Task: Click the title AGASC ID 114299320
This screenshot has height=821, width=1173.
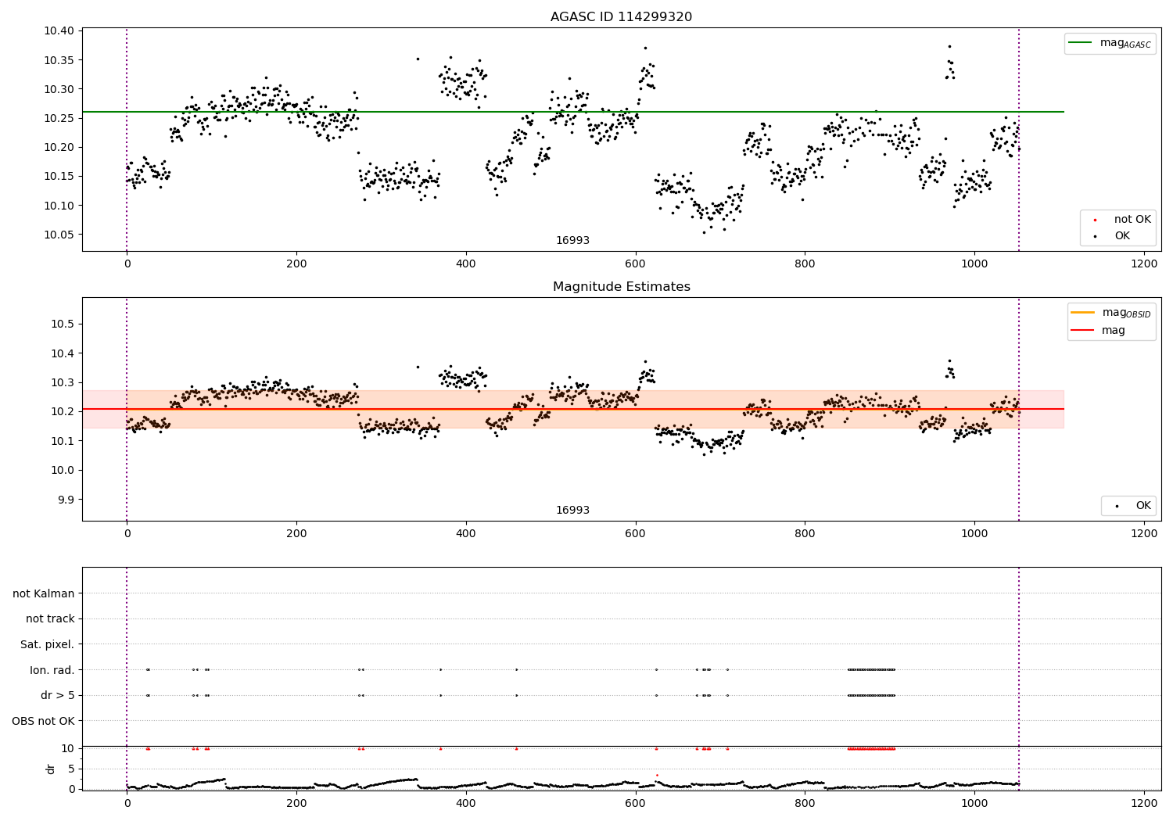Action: pos(621,17)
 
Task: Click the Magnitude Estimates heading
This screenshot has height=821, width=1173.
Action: pos(621,287)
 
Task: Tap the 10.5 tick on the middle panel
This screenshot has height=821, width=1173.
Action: pos(64,324)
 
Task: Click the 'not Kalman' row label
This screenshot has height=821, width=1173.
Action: pos(44,593)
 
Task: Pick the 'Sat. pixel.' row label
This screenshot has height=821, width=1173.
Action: pos(47,644)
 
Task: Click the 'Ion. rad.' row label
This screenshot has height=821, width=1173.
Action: pos(52,670)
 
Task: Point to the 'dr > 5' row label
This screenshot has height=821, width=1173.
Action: pos(57,695)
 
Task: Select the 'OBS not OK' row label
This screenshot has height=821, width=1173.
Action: pos(43,721)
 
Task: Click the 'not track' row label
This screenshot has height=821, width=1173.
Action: pos(50,618)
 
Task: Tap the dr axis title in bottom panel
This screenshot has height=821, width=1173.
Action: pos(51,769)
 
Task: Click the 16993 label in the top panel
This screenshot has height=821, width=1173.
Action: pos(572,241)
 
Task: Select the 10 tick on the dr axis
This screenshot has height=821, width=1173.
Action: pos(68,748)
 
